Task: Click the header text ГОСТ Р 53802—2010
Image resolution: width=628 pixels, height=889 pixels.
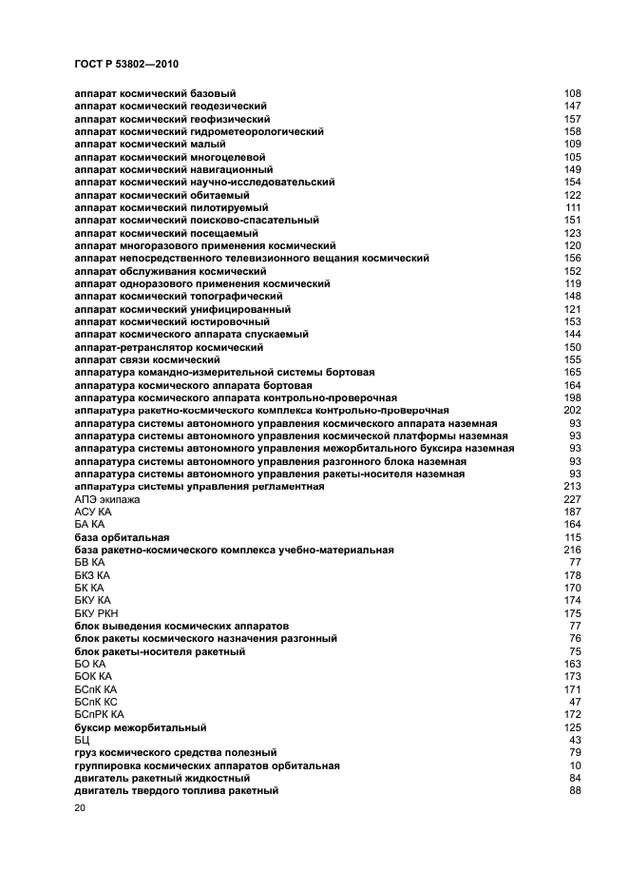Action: (126, 64)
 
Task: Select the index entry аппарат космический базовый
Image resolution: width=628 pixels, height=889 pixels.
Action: (155, 94)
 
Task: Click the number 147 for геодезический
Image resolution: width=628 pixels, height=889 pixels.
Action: (572, 106)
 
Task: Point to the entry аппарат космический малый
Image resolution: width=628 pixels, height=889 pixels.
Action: (149, 145)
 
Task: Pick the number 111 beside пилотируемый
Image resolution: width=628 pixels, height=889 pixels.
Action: (573, 207)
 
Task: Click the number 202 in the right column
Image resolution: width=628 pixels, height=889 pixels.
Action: (572, 410)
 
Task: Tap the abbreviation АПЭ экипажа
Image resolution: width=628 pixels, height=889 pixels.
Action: (106, 499)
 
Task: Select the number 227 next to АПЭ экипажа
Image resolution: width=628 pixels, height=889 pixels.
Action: (572, 499)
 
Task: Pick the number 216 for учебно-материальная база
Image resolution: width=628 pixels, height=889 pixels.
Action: (572, 550)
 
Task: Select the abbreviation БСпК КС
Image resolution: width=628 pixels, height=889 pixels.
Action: (96, 702)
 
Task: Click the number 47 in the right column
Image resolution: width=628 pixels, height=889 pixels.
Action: (575, 702)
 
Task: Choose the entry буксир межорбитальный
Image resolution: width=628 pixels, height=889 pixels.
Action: (140, 727)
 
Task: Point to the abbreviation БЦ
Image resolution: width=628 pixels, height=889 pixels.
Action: (82, 740)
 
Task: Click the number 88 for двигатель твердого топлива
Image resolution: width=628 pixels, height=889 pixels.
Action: (575, 790)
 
